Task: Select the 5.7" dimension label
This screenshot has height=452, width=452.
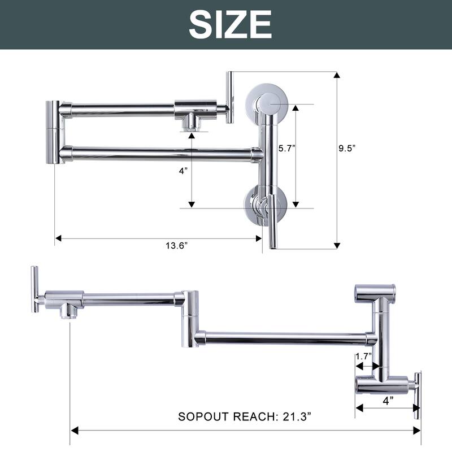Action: point(286,148)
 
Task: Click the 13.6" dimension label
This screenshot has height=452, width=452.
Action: point(176,244)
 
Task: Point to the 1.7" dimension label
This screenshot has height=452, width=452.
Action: point(363,357)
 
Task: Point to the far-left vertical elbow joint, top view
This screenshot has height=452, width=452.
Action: point(55,132)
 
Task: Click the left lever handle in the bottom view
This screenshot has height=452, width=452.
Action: point(34,289)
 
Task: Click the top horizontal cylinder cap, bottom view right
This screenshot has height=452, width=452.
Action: point(374,293)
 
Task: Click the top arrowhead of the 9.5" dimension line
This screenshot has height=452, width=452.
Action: point(337,75)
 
